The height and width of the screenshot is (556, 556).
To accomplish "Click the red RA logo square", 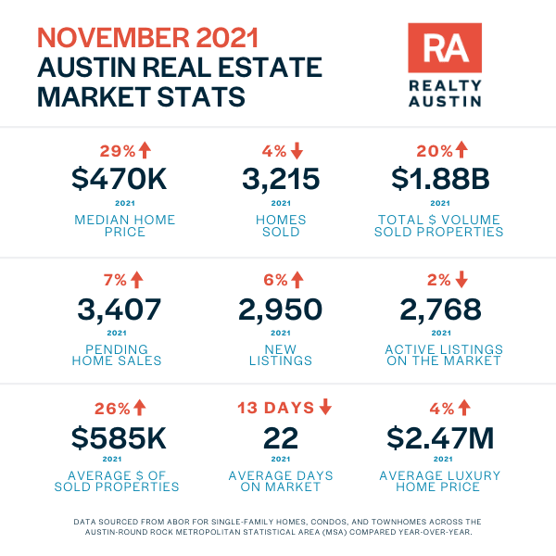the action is point(445,48).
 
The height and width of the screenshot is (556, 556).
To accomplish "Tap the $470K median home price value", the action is point(120,179).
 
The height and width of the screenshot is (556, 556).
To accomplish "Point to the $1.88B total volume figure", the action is point(440,179).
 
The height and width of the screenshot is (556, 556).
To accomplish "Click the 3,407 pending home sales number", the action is point(120,310).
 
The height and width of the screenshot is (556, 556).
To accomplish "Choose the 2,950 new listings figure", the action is point(280,310).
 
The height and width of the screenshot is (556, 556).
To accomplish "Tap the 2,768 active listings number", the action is point(440,310).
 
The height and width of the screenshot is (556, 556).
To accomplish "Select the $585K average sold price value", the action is point(119,438).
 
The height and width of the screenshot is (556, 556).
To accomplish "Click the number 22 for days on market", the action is point(281,438).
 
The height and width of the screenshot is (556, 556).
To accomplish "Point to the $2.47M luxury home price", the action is point(440,438).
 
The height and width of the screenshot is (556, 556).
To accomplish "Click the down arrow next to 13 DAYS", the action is point(325,407).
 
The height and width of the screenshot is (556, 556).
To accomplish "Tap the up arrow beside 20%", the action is point(461,149).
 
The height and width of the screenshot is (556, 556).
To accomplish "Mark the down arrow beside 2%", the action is point(461,280).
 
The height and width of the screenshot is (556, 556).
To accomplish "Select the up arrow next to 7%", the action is point(137,280).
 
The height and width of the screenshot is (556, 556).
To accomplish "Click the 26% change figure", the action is point(112,409).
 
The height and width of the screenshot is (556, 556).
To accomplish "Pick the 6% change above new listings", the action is point(275,280).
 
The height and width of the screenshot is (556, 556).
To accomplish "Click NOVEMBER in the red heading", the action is point(113,38).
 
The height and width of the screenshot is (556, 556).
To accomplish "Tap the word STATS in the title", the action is point(201,96).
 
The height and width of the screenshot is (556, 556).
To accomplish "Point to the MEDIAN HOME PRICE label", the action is point(125,225).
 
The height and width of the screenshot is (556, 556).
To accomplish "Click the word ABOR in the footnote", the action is point(176,522).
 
